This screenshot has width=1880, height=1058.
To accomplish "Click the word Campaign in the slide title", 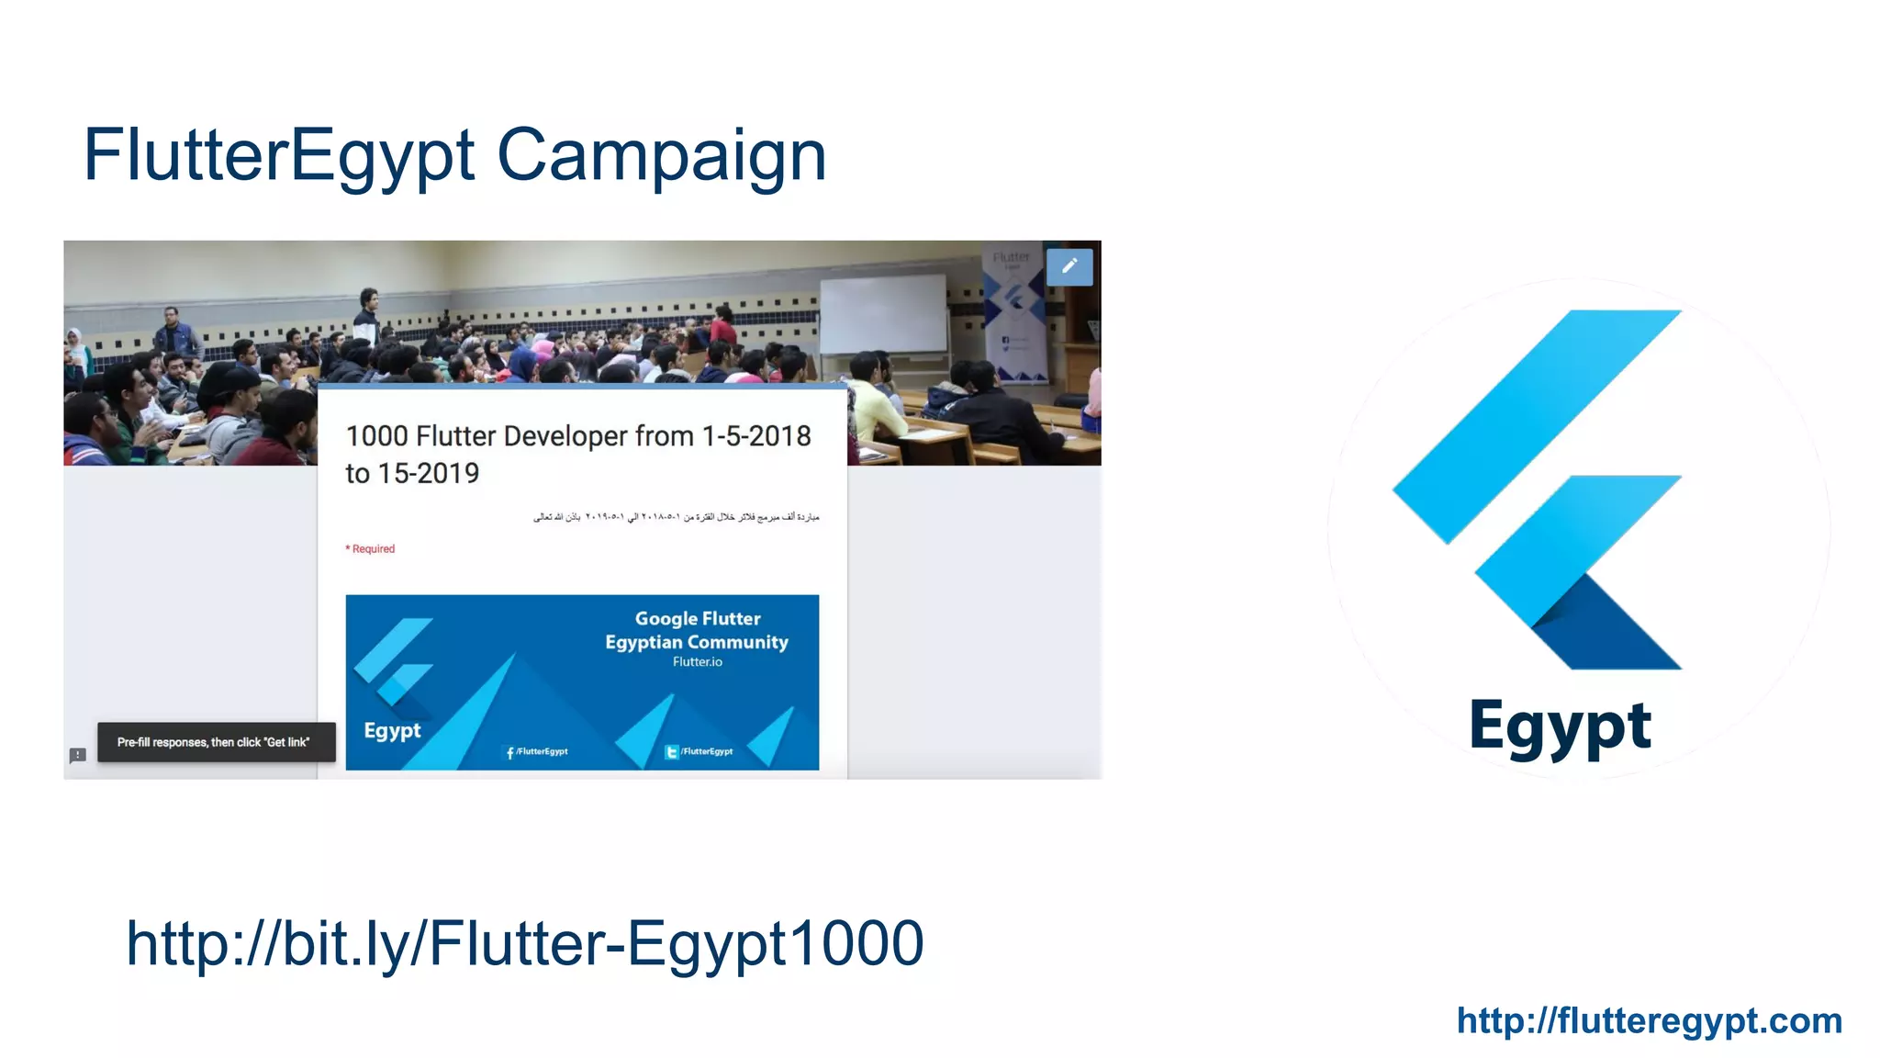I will [x=661, y=156].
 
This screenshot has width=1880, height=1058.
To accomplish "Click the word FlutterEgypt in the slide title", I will [x=279, y=156].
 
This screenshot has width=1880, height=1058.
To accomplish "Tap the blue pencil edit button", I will [x=1069, y=266].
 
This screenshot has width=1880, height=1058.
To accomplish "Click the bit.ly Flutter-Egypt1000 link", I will [x=524, y=943].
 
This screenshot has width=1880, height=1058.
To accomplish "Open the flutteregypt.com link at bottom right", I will [x=1649, y=1020].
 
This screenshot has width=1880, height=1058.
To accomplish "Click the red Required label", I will [x=371, y=548].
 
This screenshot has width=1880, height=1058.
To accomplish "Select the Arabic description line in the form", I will [x=676, y=517].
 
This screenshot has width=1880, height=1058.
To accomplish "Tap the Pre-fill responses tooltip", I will [x=214, y=742].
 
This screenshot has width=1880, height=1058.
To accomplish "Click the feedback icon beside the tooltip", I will [x=78, y=755].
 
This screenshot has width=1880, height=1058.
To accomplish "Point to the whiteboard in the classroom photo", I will [x=882, y=313].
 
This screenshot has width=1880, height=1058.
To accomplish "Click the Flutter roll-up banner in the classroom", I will [x=1013, y=312].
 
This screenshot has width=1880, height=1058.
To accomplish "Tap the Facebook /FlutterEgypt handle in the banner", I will [x=538, y=751].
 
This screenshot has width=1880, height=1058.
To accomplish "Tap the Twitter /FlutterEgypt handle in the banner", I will [x=699, y=751].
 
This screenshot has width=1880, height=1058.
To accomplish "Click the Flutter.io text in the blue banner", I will [x=697, y=662].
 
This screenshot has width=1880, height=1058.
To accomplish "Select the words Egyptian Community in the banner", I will [x=697, y=642].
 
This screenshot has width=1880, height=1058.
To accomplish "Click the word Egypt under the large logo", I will [x=1560, y=726].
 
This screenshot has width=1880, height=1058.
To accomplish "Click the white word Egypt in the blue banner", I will [x=392, y=731].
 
